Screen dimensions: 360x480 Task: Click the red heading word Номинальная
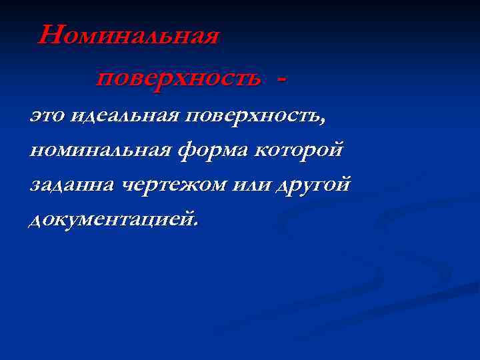coord(129,35)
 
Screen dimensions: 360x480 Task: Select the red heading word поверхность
coord(178,79)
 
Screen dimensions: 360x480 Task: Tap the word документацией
coord(111,219)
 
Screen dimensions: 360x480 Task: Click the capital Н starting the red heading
coord(50,35)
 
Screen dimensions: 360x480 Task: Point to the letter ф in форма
coord(186,150)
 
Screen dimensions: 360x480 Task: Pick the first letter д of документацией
coord(36,219)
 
